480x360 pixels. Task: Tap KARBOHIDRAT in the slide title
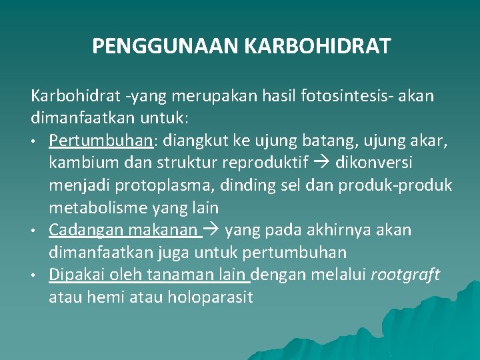(318, 47)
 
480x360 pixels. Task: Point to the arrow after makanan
(213, 230)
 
